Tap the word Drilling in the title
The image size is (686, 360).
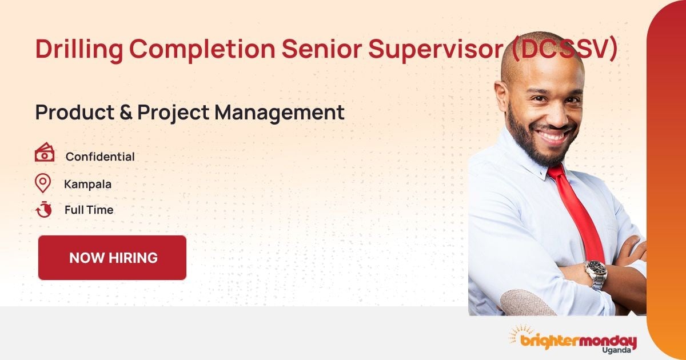click(79, 49)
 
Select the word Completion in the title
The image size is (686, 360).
click(201, 49)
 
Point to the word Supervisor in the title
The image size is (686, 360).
click(435, 49)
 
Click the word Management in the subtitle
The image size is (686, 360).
click(280, 113)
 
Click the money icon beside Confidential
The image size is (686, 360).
click(45, 154)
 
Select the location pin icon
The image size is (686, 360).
click(43, 183)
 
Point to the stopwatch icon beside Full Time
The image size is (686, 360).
click(43, 210)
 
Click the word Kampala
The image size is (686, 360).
click(87, 184)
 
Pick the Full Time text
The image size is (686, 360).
click(89, 210)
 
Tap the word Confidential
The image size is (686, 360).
click(100, 157)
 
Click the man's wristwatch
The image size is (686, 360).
click(595, 273)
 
